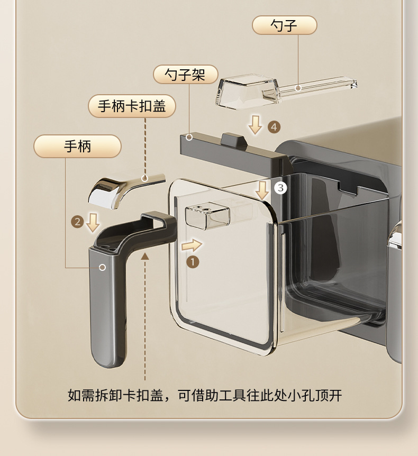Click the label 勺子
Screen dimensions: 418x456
(x=284, y=25)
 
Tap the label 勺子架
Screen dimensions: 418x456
(x=186, y=75)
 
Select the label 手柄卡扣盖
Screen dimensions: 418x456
(x=132, y=106)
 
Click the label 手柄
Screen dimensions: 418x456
(x=77, y=146)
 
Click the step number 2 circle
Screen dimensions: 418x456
(x=78, y=222)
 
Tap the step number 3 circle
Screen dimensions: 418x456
(x=280, y=188)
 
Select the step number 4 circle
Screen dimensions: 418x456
(x=274, y=127)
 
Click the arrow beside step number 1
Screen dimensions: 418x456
(x=192, y=245)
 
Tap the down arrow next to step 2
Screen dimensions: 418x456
(x=93, y=223)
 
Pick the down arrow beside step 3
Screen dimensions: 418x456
(x=262, y=190)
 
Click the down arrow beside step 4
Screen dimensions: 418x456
(x=256, y=125)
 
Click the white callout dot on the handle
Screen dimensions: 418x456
(x=103, y=267)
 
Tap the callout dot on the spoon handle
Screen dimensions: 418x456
(x=298, y=87)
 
